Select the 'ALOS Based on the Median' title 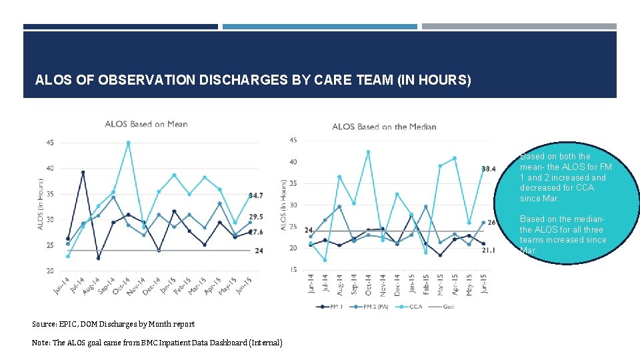[x=384, y=127]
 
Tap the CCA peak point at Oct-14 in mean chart [x=129, y=143]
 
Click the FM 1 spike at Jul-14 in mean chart [x=83, y=173]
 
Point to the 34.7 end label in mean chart [x=255, y=195]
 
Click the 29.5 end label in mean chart [x=255, y=217]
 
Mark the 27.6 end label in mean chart [x=255, y=232]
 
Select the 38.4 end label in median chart [x=489, y=169]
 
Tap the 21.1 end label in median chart [x=489, y=251]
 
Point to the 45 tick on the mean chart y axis [x=51, y=142]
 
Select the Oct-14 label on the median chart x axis [x=369, y=285]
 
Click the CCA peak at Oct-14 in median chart [x=368, y=152]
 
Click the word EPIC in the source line [x=70, y=324]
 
